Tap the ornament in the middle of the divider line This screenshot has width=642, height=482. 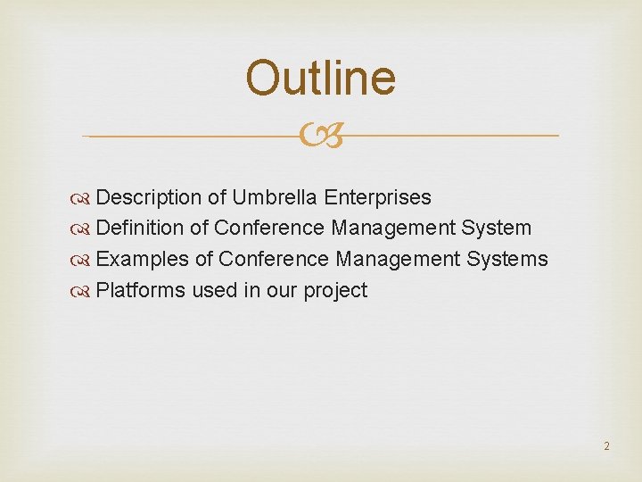(x=320, y=137)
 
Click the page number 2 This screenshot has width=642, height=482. (x=606, y=445)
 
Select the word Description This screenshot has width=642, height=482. (x=149, y=197)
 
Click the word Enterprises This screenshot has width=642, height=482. (x=378, y=197)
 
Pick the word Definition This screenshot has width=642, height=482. (x=140, y=229)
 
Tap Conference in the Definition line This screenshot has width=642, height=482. (x=270, y=229)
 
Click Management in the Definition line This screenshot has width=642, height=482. (x=393, y=229)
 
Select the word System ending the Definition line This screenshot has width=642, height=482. (x=496, y=229)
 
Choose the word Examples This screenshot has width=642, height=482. (x=143, y=260)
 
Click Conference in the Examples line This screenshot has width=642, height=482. (x=274, y=260)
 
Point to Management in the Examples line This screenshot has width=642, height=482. (x=397, y=260)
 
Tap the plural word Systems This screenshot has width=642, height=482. (x=506, y=260)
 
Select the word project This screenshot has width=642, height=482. (x=335, y=291)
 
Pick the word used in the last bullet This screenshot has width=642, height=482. (x=215, y=291)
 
